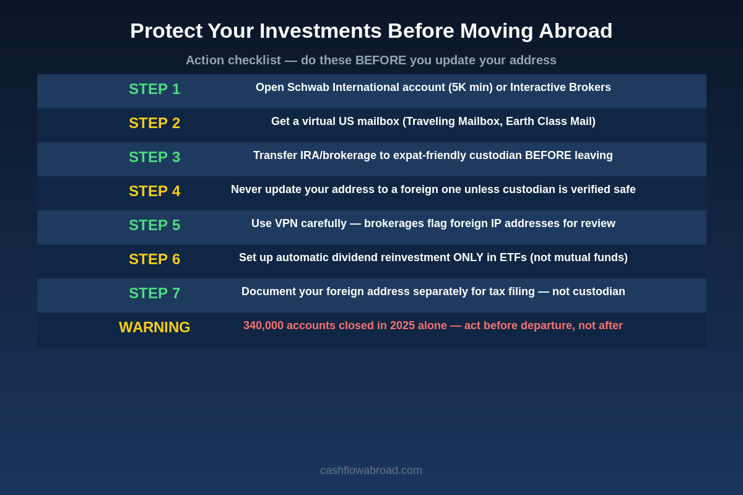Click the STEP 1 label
point(154,89)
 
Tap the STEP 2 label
point(154,123)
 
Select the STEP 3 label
point(154,157)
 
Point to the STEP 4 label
point(154,191)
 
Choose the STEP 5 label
point(154,225)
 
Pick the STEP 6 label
point(154,259)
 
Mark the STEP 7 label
point(154,293)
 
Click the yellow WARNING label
point(154,327)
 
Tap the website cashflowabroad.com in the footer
point(371,470)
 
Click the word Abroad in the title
point(575,31)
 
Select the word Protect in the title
point(165,31)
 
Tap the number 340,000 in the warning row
point(263,325)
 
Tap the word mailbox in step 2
point(376,121)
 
